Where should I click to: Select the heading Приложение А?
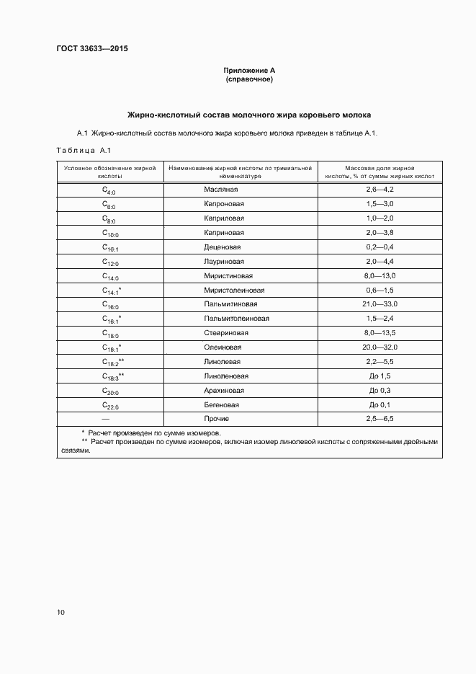[x=249, y=71]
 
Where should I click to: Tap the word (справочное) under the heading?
[x=249, y=79]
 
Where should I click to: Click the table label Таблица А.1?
[x=81, y=150]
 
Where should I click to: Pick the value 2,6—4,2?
[x=380, y=190]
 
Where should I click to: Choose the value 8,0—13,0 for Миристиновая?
[x=380, y=276]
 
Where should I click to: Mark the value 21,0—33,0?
[x=380, y=305]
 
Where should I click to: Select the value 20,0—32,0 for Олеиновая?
[x=380, y=347]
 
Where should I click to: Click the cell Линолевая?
[x=223, y=362]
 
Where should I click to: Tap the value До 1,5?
[x=380, y=376]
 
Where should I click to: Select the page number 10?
[x=60, y=613]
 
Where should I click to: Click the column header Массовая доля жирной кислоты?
[x=380, y=172]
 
